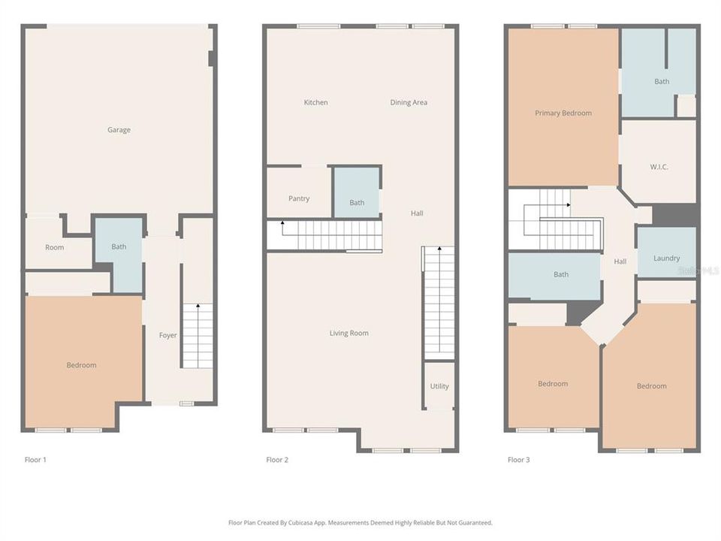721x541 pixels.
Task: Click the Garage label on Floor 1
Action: click(119, 130)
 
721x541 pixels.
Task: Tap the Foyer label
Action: click(168, 335)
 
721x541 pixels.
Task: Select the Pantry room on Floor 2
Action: click(299, 198)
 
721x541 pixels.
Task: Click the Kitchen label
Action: click(315, 102)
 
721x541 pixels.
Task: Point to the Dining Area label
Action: click(409, 102)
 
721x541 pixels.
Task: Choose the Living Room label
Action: click(349, 333)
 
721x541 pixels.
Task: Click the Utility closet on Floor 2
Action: click(439, 386)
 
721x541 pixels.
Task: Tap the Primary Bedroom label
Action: click(563, 113)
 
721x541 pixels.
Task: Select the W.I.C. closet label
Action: click(659, 167)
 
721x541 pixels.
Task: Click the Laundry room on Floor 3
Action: click(666, 258)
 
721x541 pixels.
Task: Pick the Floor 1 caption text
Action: click(35, 459)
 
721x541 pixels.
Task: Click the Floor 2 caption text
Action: click(277, 459)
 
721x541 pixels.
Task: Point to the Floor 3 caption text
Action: click(518, 459)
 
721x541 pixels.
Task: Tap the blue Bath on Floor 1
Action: click(119, 246)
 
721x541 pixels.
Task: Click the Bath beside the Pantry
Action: click(357, 202)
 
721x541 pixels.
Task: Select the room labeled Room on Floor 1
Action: click(55, 247)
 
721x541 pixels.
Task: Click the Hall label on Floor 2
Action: click(417, 213)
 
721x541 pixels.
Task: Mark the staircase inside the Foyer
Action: click(198, 336)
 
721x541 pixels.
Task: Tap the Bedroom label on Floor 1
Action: click(81, 365)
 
